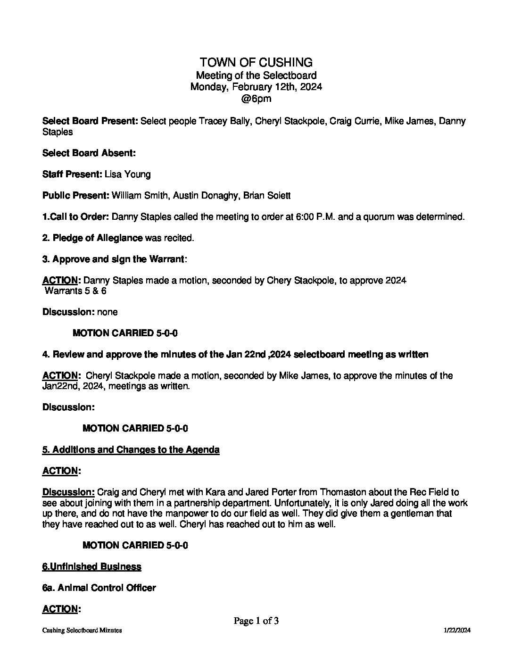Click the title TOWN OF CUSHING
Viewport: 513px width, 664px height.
(256, 62)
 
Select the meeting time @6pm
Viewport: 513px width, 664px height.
(256, 99)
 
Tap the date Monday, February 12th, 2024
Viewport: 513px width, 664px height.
(256, 87)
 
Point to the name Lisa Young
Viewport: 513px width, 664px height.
(127, 174)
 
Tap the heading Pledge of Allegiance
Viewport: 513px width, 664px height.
(98, 238)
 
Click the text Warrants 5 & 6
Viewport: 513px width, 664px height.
(75, 291)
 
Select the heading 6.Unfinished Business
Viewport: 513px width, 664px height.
(91, 566)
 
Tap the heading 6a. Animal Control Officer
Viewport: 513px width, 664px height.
(99, 588)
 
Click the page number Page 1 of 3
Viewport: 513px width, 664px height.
(256, 621)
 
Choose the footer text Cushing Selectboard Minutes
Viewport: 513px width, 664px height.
(82, 631)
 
